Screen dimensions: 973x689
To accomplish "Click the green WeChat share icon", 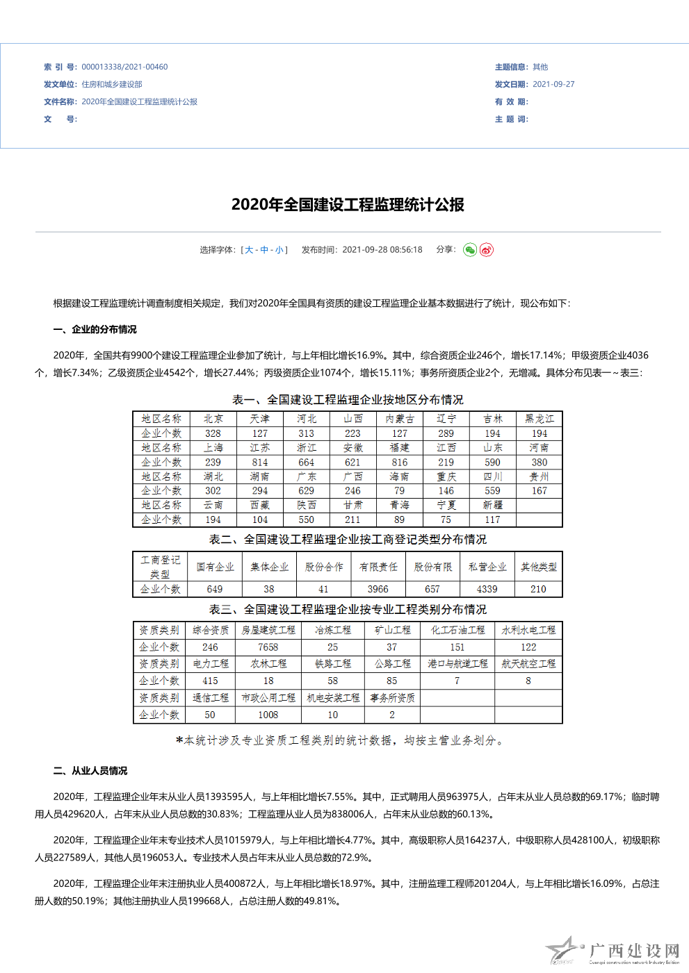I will click(470, 250).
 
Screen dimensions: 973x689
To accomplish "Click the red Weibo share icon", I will click(487, 250).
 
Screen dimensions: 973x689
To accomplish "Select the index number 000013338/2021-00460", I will click(124, 67).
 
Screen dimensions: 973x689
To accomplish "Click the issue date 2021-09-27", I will click(553, 85).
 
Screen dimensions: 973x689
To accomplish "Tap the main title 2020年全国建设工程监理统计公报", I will click(348, 205).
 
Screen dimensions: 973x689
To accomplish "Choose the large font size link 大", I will click(249, 250).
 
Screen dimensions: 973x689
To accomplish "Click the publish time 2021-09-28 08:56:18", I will click(382, 250).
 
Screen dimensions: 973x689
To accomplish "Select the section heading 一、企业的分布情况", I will click(95, 330).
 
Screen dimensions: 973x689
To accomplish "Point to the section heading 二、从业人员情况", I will click(90, 771).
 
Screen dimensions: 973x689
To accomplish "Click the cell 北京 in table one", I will click(213, 419).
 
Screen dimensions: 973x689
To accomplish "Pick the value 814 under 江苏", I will click(260, 463).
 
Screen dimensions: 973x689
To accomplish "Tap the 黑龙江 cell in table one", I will click(540, 419).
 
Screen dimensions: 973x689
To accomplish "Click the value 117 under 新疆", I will click(492, 520).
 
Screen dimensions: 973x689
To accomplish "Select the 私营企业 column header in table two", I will click(487, 567).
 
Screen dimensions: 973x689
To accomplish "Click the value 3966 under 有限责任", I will click(378, 590).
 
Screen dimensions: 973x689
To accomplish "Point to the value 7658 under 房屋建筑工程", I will click(268, 647).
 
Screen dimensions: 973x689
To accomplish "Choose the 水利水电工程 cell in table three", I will click(528, 630).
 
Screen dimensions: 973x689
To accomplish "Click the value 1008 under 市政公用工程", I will click(268, 715).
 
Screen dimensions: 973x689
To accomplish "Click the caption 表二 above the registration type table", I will click(348, 540).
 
